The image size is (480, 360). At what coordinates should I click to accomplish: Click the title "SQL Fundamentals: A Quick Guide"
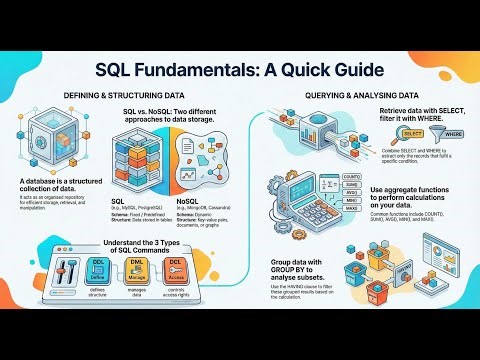[x=240, y=71]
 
